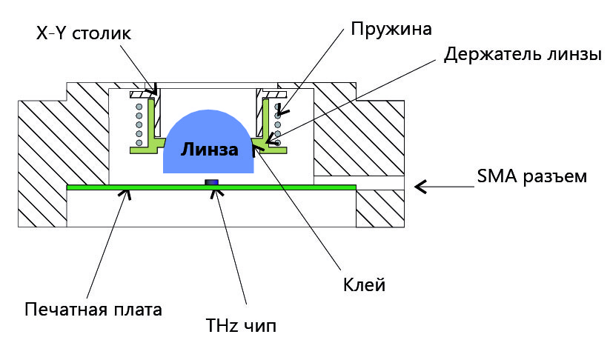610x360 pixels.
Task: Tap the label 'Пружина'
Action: [391, 27]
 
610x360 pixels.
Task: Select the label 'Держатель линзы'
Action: [522, 55]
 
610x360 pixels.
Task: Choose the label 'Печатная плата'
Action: [93, 308]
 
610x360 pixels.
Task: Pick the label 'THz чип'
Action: [241, 325]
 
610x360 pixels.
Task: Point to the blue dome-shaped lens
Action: [210, 133]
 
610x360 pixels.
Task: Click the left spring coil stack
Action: [138, 123]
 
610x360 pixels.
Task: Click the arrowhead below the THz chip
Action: [216, 194]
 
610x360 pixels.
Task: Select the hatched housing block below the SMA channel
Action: [380, 209]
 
